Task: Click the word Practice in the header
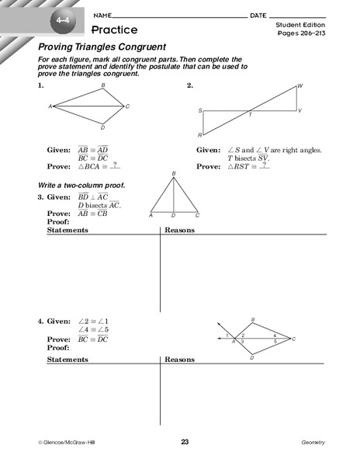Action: (114, 30)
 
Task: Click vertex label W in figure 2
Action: (300, 85)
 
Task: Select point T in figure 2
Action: (250, 114)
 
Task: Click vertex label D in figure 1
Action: (102, 127)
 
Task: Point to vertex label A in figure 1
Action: (50, 106)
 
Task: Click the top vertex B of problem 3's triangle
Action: (174, 174)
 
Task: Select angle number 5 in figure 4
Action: (275, 341)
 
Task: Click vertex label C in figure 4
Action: (293, 339)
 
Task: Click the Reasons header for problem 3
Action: (179, 231)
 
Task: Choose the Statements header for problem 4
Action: (67, 361)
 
